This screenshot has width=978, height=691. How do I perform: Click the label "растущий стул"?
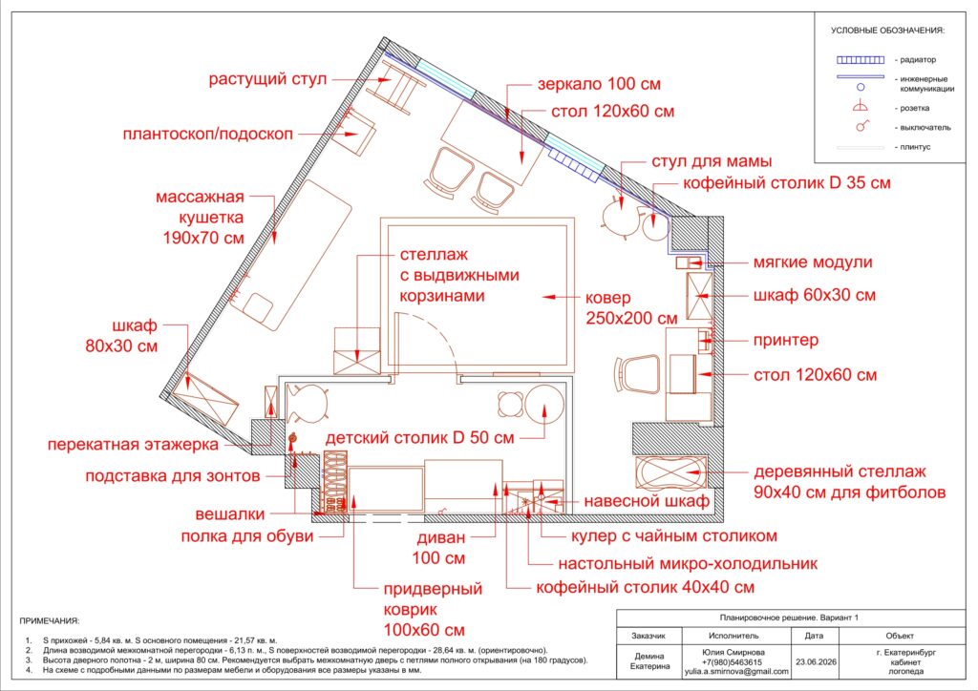pyautogui.click(x=267, y=79)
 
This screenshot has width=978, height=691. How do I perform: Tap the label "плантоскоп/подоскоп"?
pyautogui.click(x=207, y=134)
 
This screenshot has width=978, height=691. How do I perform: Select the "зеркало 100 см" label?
pyautogui.click(x=599, y=83)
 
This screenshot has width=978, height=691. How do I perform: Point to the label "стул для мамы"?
pyautogui.click(x=712, y=161)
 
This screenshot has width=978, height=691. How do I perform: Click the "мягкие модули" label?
pyautogui.click(x=813, y=262)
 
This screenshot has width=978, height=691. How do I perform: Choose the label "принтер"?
pyautogui.click(x=786, y=340)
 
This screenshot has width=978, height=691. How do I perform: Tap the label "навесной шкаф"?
pyautogui.click(x=647, y=501)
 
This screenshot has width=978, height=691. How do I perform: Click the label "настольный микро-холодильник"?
pyautogui.click(x=688, y=564)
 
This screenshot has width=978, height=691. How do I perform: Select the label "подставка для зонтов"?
pyautogui.click(x=173, y=476)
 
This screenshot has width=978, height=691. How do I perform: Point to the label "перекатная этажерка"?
pyautogui.click(x=133, y=444)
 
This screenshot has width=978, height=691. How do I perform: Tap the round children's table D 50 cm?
pyautogui.click(x=544, y=404)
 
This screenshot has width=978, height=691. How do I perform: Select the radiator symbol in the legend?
pyautogui.click(x=861, y=60)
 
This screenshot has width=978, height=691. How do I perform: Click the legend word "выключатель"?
pyautogui.click(x=925, y=127)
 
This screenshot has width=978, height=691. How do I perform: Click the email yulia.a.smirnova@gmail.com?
pyautogui.click(x=736, y=672)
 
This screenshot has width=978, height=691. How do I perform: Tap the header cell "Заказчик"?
pyautogui.click(x=648, y=636)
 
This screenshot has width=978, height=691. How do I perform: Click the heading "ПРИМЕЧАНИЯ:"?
pyautogui.click(x=50, y=620)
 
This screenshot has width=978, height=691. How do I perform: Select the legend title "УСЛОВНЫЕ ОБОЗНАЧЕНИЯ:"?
pyautogui.click(x=887, y=30)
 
